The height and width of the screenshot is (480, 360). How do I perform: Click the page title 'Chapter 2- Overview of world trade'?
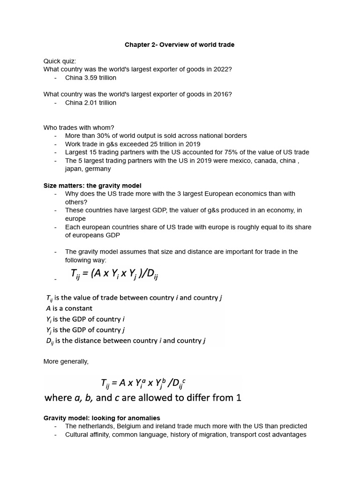(180, 45)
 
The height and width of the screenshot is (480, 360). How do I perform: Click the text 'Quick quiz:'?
(60, 61)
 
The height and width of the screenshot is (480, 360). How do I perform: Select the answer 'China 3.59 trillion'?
(90, 78)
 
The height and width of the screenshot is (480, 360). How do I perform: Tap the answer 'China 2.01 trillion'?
(90, 103)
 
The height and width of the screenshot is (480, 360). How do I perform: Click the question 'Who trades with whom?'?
(79, 127)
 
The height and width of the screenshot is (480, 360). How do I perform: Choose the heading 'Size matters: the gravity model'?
(92, 186)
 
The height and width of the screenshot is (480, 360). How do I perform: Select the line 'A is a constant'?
(69, 308)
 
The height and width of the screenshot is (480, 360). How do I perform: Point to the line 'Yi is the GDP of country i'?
(85, 319)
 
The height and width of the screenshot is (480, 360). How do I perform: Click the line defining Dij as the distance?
(126, 341)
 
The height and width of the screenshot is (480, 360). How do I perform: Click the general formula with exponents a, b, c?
(143, 383)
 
